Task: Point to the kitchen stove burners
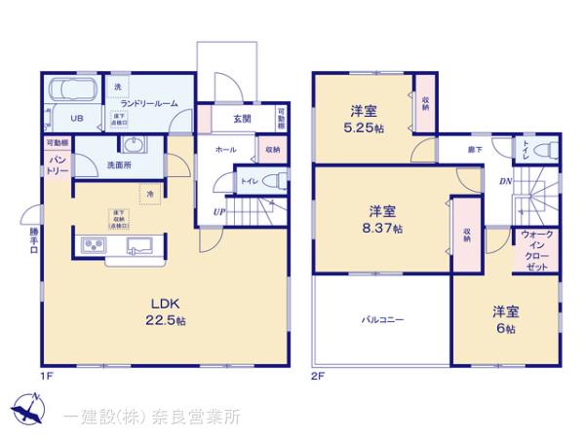point(93,244)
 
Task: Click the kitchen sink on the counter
point(136,244)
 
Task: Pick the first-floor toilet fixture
point(276,181)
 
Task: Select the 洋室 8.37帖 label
point(382,219)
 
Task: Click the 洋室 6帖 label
point(505,319)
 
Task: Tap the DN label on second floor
point(505,182)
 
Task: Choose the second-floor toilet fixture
point(547,151)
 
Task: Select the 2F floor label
point(316,376)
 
